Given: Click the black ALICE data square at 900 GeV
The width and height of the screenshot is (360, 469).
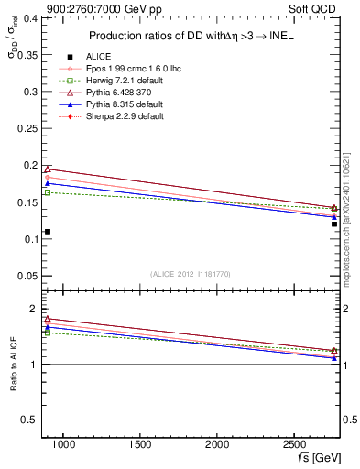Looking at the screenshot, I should [48, 231].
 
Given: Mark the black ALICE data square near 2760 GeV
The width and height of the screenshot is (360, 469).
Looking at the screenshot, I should [334, 224].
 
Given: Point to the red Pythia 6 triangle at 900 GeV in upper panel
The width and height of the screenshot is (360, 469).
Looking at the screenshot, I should [48, 169].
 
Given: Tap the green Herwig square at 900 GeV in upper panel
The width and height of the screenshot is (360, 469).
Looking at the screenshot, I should [48, 192].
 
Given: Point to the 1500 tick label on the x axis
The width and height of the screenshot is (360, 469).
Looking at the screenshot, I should [140, 444].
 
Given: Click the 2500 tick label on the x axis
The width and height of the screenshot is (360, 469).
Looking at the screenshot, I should [294, 444].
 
